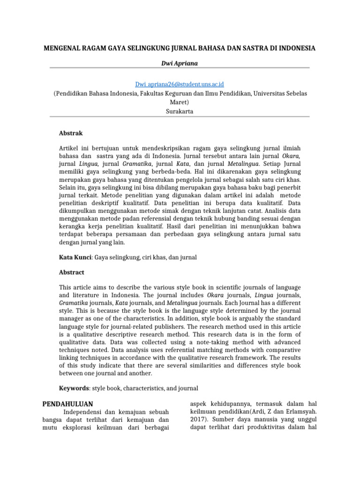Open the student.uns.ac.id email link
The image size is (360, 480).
point(180,84)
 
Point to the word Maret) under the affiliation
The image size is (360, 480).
point(180,102)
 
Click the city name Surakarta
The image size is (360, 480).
point(180,111)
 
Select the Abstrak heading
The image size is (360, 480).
point(71,133)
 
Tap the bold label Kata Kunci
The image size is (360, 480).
point(75,257)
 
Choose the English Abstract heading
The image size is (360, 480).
point(72,272)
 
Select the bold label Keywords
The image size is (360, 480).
point(74,388)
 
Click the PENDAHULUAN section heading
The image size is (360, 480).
point(67,404)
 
